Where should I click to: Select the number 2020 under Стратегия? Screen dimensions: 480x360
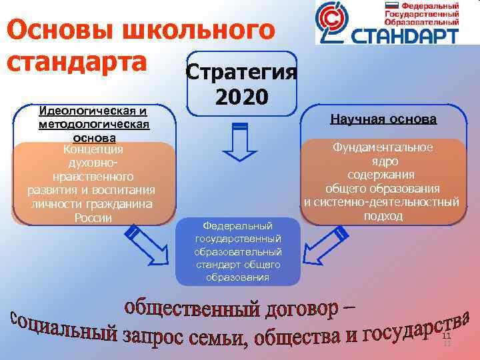pyautogui.click(x=241, y=97)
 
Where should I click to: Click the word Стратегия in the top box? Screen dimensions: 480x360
pyautogui.click(x=241, y=71)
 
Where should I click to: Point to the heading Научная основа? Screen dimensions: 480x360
pyautogui.click(x=383, y=119)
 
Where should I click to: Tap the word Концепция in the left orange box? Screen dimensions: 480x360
pyautogui.click(x=93, y=149)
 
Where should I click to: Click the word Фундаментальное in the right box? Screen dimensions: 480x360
pyautogui.click(x=383, y=147)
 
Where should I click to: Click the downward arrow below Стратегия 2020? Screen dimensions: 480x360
pyautogui.click(x=239, y=143)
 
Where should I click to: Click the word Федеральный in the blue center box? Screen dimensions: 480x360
pyautogui.click(x=239, y=226)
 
